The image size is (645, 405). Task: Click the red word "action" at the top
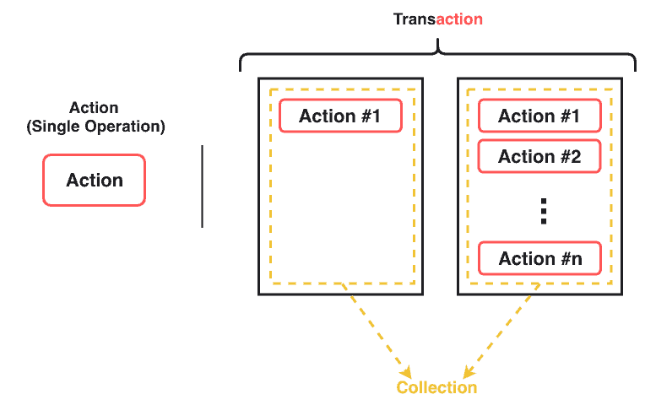[459, 19]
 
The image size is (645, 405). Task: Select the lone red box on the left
[94, 180]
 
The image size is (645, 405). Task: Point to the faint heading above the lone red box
[94, 108]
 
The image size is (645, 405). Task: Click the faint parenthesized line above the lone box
[94, 128]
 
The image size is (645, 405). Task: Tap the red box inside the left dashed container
[340, 116]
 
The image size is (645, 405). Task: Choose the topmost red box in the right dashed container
[539, 116]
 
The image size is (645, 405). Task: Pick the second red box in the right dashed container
[539, 156]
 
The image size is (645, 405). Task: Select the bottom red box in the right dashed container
[539, 258]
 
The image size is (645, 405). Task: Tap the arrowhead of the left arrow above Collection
[407, 372]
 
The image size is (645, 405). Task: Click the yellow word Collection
[436, 387]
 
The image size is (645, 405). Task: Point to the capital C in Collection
[403, 387]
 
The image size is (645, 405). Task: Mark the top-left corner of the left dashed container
[271, 89]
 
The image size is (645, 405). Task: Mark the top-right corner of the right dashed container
[611, 89]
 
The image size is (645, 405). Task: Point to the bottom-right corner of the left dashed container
[414, 283]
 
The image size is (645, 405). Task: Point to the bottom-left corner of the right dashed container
[469, 283]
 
